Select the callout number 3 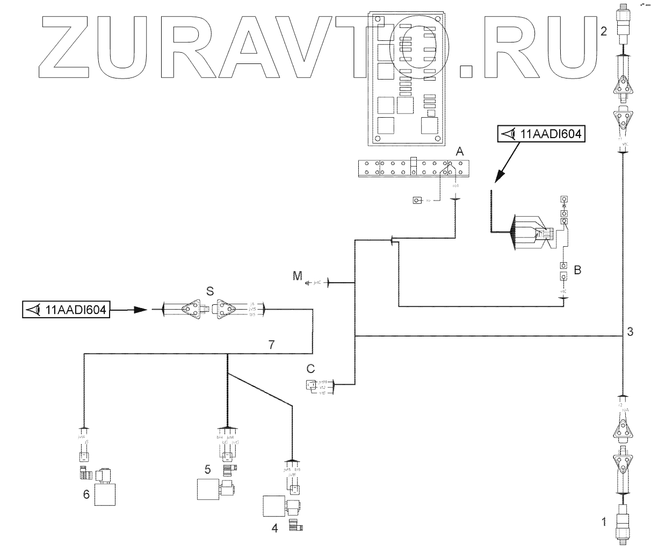tap(630, 332)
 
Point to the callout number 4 tap(275, 528)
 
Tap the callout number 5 tap(207, 468)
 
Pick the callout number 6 tap(86, 493)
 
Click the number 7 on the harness tap(272, 345)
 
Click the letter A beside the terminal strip tap(459, 152)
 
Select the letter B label tap(577, 270)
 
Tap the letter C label tap(310, 369)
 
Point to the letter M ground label tap(297, 276)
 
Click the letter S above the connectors tap(210, 291)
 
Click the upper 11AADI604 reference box tap(541, 133)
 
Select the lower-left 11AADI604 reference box tap(66, 310)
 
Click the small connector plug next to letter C tap(311, 384)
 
